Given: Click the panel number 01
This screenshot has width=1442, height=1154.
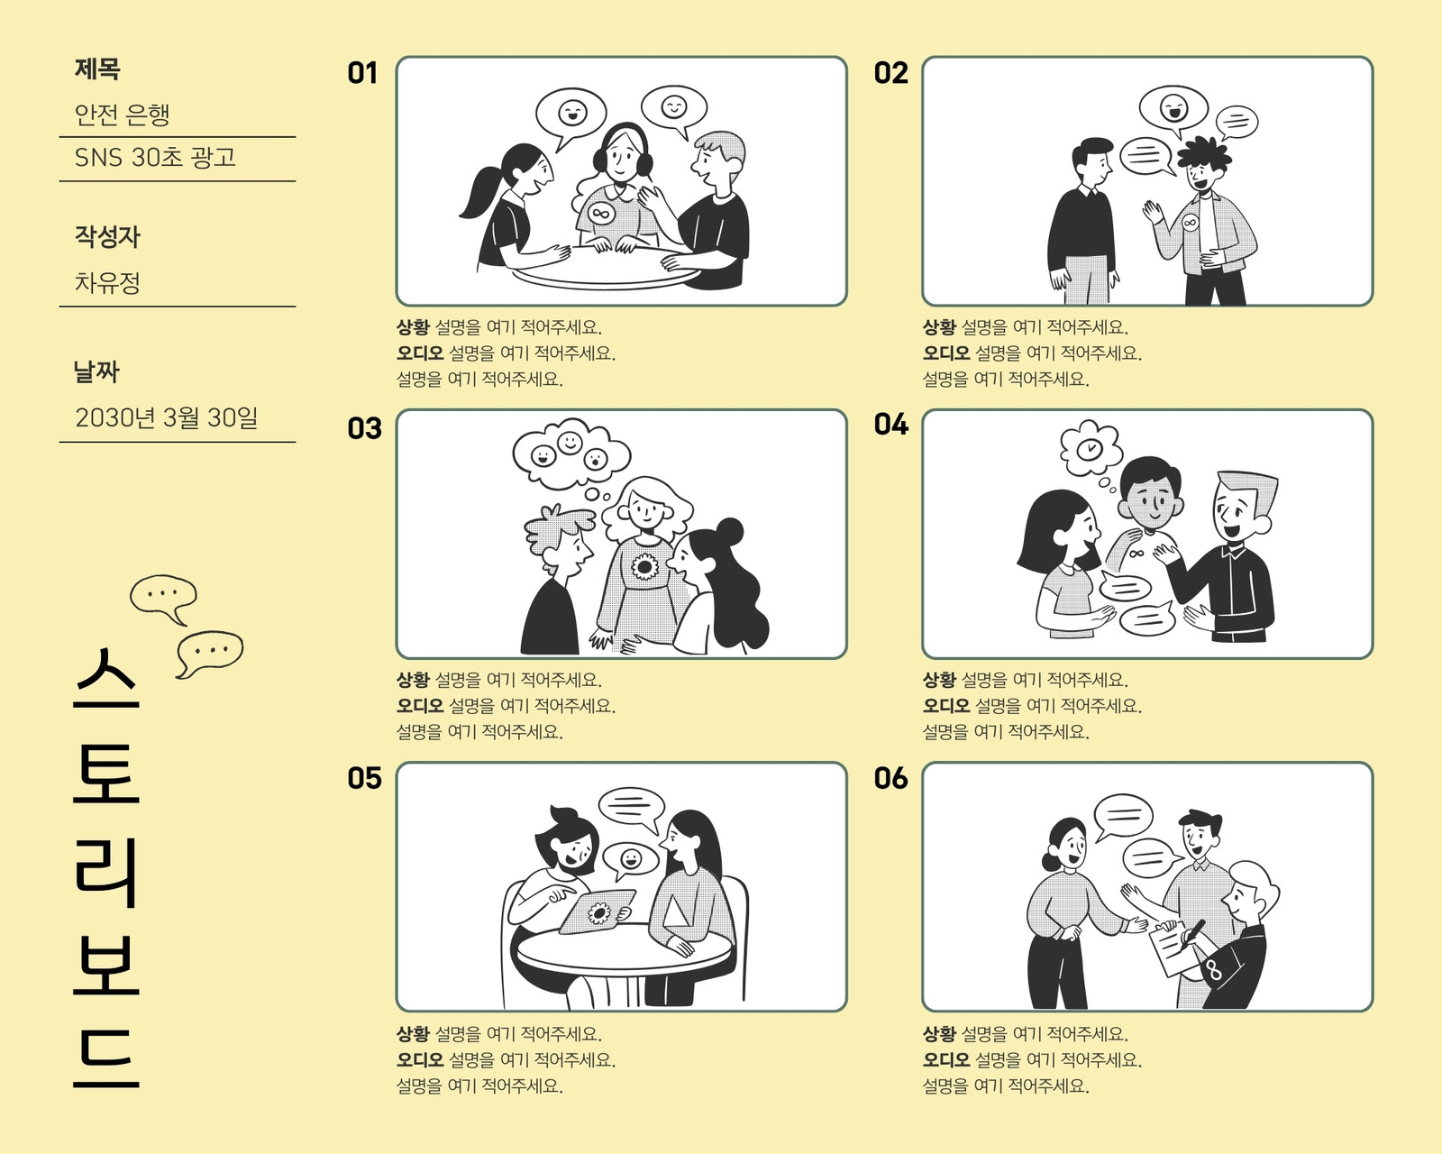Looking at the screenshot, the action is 362,73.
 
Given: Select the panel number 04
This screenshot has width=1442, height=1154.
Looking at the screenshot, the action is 890,425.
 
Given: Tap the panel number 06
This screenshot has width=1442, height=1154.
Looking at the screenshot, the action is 890,778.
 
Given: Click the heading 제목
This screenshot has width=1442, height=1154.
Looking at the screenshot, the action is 97,69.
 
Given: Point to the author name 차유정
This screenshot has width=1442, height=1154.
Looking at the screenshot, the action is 107,282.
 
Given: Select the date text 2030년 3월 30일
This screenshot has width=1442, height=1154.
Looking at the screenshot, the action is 166,417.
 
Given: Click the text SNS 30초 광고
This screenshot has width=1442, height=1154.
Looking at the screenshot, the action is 155,158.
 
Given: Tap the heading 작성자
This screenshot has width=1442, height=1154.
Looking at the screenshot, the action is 107,237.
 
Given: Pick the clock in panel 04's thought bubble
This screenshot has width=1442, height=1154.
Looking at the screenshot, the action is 1091,448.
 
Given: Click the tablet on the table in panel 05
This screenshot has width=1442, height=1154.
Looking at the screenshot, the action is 597,911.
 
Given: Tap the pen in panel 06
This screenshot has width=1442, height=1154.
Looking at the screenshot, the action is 1192,933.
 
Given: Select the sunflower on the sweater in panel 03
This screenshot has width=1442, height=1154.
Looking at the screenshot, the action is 644,567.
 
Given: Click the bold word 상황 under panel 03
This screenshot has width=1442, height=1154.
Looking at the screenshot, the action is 413,680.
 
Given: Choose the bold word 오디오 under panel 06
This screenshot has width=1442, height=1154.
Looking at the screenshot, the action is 946,1059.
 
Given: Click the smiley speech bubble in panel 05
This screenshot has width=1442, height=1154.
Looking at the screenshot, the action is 631,860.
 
